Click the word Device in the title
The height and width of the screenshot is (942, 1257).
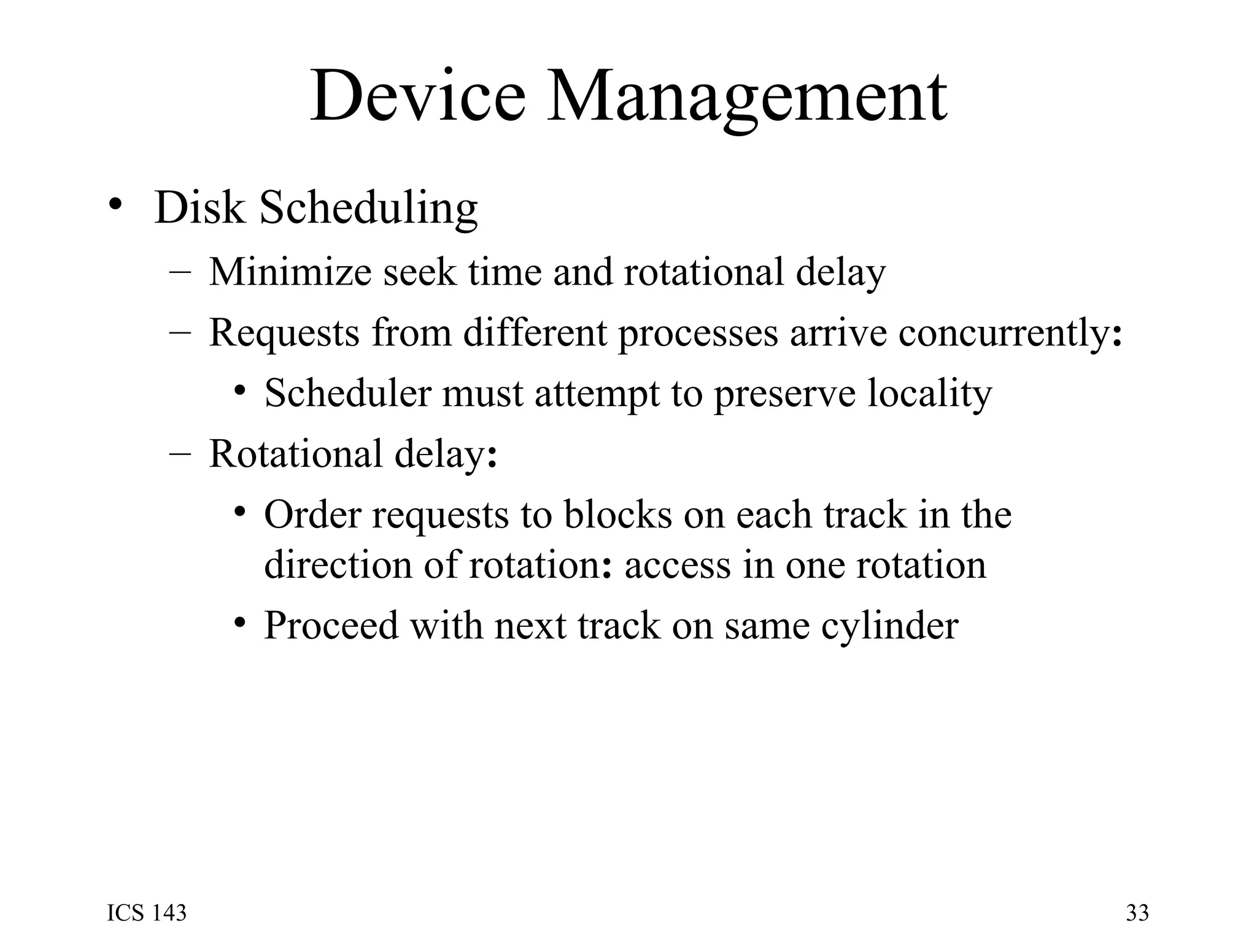[x=418, y=97]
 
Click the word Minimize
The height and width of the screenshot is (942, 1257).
[x=290, y=272]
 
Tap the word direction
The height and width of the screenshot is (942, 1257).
[x=338, y=565]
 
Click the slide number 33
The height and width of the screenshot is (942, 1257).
[x=1137, y=913]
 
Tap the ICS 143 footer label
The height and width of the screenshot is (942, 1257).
[x=147, y=913]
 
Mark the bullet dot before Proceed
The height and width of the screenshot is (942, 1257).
[x=241, y=623]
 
